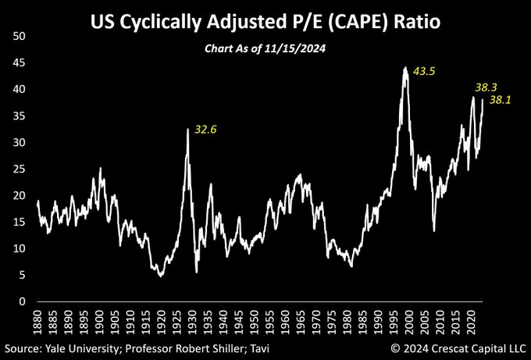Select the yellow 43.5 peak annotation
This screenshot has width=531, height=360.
(425, 71)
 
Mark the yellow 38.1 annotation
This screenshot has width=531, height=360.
(501, 100)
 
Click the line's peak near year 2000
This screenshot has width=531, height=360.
(404, 68)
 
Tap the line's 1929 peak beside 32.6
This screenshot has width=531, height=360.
(187, 130)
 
